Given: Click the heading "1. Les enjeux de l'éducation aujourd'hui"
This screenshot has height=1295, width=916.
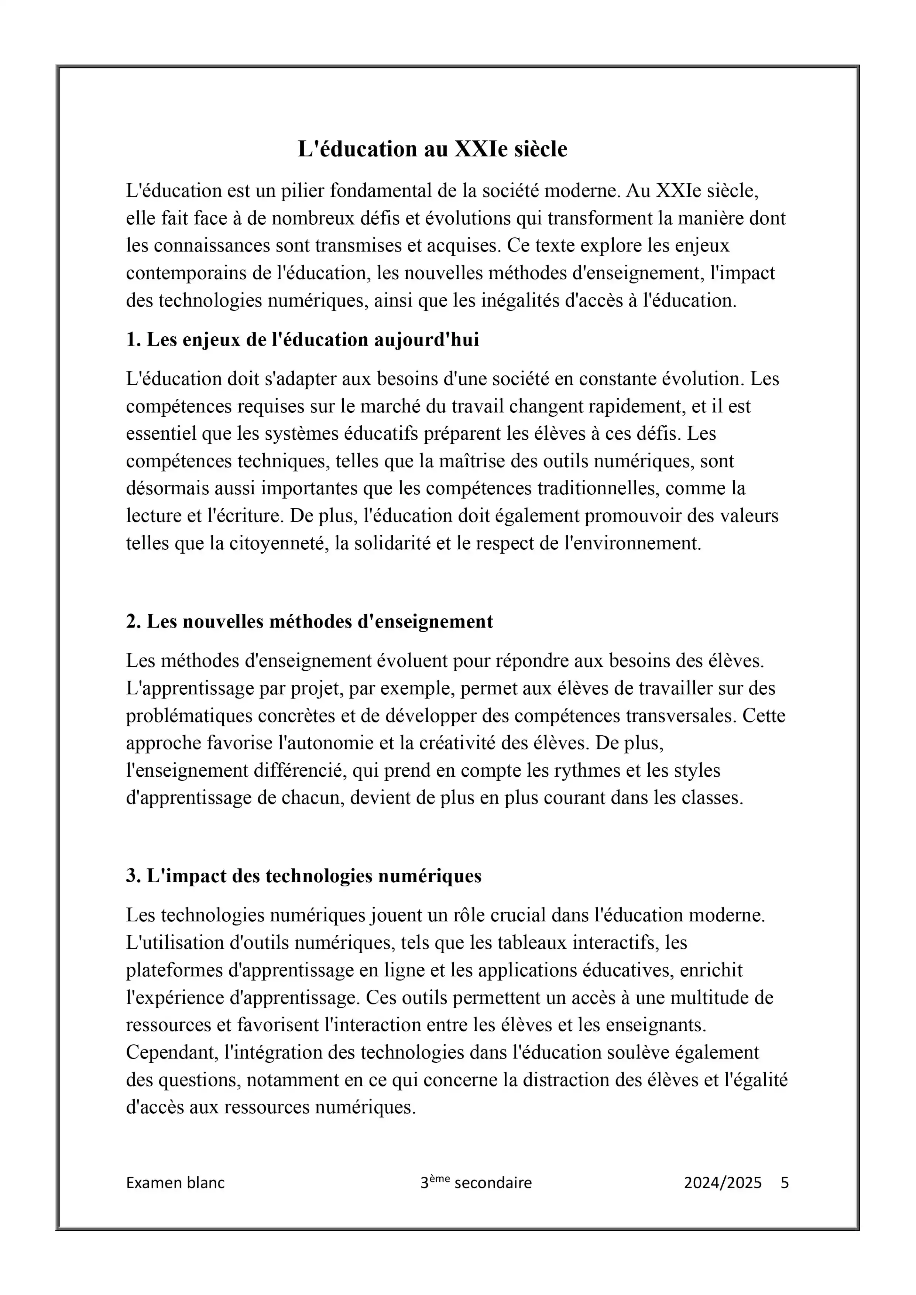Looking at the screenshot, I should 302,340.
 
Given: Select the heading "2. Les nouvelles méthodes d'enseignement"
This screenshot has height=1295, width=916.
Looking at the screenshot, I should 309,622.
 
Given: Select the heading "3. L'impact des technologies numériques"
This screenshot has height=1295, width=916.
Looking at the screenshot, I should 303,876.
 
